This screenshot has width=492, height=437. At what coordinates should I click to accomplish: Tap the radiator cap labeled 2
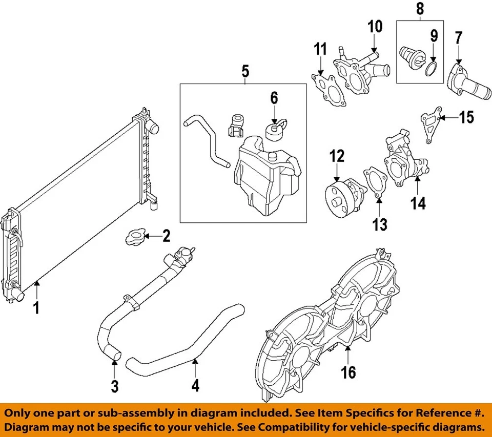(134, 237)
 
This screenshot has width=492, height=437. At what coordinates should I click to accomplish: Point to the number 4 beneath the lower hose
(195, 385)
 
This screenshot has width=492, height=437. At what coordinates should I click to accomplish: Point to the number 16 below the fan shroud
(348, 372)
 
